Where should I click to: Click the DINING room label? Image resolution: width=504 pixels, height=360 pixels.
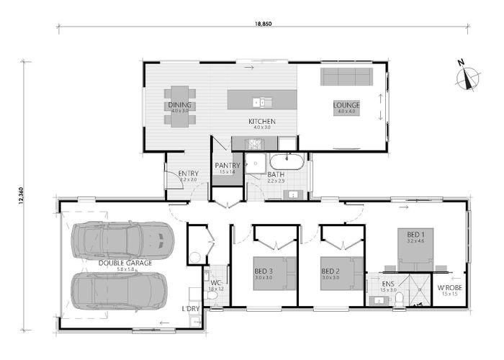coord(180,105)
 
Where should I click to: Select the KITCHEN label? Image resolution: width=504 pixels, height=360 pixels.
coord(262,122)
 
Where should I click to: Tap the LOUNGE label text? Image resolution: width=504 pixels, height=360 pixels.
coord(346,105)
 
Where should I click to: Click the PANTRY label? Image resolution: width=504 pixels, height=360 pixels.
coord(228,166)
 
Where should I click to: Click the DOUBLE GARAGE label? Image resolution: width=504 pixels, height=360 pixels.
coord(125,263)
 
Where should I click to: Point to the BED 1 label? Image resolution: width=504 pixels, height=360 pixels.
coord(416,235)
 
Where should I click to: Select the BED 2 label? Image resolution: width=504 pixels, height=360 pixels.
coord(331,271)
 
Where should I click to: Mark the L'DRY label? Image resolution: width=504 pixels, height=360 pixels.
coord(192,309)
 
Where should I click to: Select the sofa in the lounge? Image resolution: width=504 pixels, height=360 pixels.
coord(346,76)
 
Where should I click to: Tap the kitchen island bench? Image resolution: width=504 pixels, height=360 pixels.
coord(261,99)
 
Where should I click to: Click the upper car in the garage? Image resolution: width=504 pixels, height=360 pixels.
coord(124,240)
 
